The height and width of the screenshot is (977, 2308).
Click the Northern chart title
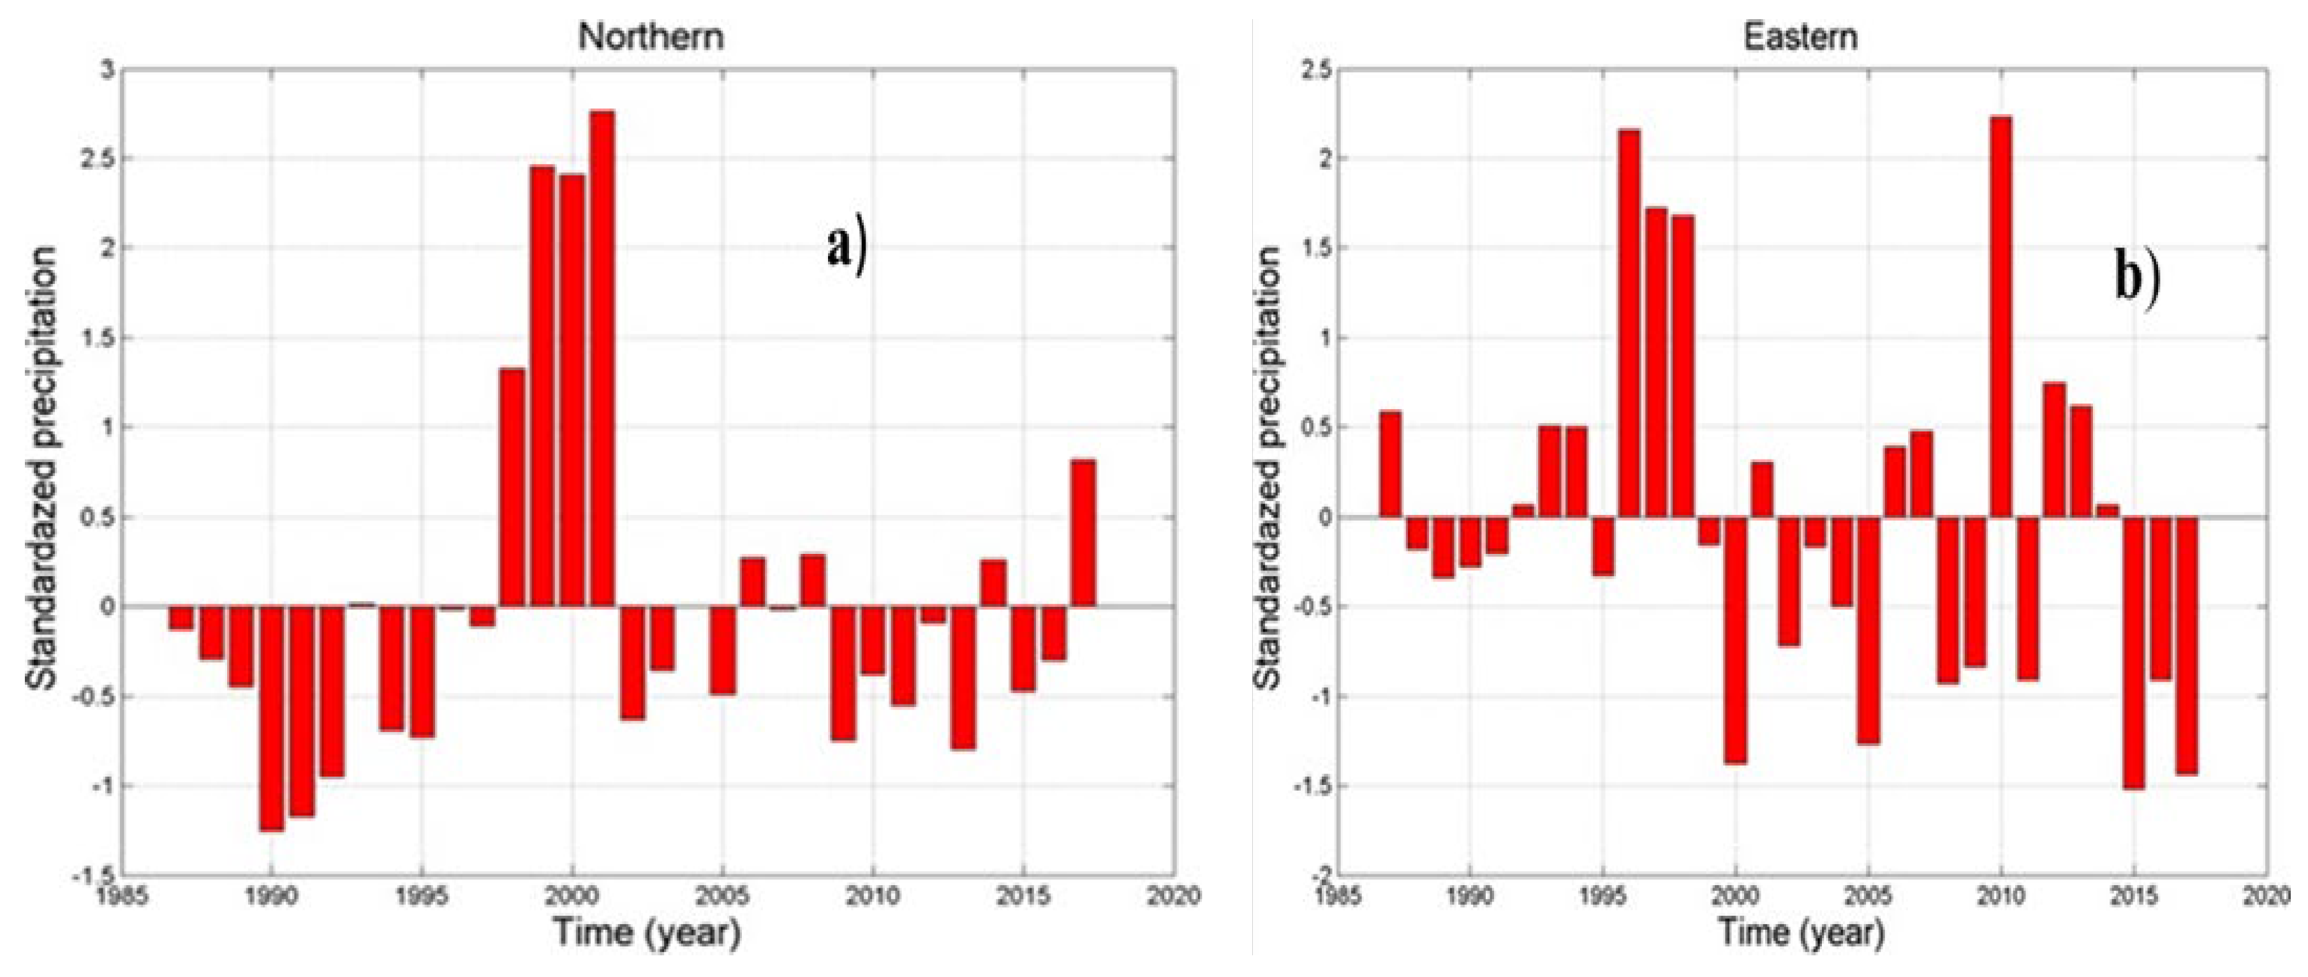(x=651, y=37)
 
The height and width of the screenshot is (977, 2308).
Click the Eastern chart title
(x=1800, y=37)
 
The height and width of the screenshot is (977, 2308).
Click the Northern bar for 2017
(x=1083, y=533)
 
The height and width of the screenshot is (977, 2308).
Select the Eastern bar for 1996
(x=1629, y=324)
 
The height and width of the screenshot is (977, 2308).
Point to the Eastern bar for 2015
(x=2134, y=653)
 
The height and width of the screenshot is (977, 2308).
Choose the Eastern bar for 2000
(x=1736, y=640)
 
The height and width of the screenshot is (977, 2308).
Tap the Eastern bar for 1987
(x=1389, y=465)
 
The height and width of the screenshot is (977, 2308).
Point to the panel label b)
(x=2137, y=277)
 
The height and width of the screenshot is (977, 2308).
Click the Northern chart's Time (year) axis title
(x=647, y=932)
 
